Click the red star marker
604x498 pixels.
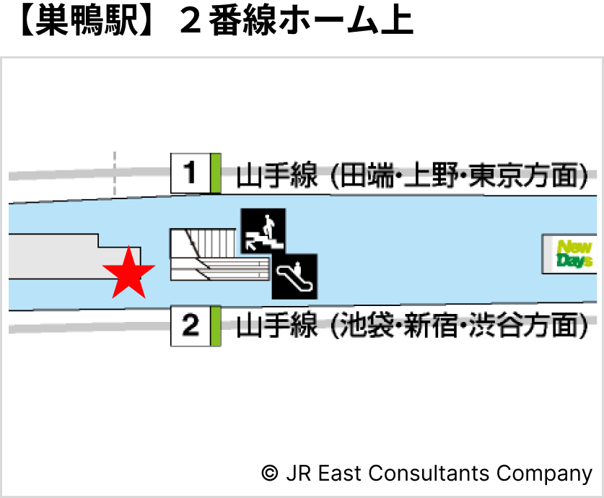point(128,273)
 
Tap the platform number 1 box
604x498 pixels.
point(190,173)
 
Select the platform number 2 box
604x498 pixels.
point(190,326)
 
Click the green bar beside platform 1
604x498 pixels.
point(215,173)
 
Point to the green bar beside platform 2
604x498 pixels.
point(215,326)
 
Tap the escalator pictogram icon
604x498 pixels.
point(294,276)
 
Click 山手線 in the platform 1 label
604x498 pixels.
point(276,175)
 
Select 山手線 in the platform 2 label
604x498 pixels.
point(276,326)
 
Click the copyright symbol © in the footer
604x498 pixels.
point(269,473)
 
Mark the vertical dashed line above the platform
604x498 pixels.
point(115,173)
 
